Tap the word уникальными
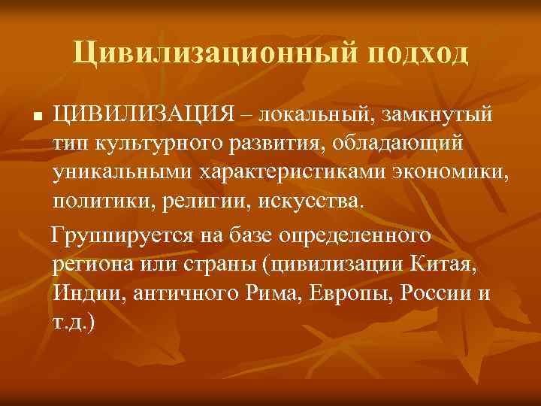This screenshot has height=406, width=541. [x=122, y=172]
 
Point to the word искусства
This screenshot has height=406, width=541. [x=313, y=201]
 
